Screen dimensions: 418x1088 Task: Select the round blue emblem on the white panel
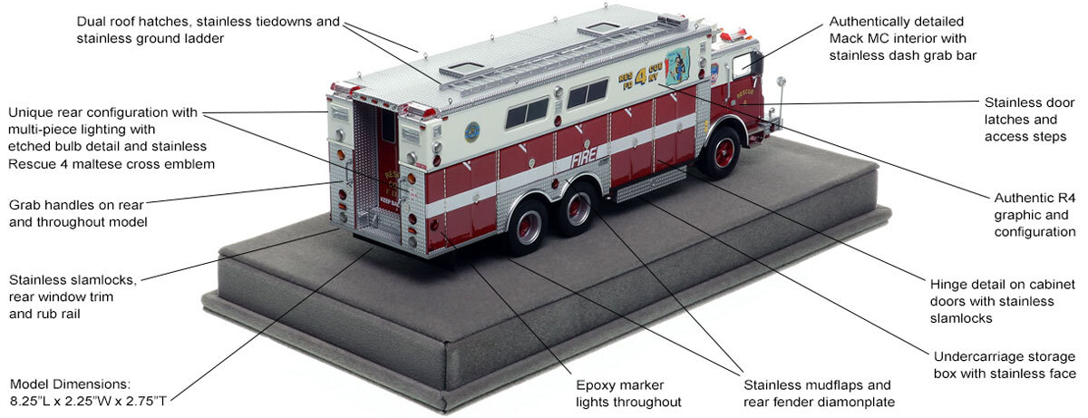point(472,132)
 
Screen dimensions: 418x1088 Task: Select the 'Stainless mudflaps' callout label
point(810,384)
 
